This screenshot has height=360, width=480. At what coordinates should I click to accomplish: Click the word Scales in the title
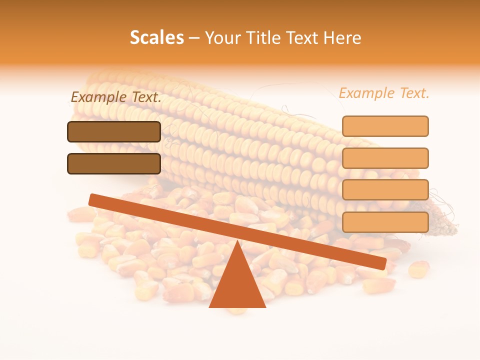156,37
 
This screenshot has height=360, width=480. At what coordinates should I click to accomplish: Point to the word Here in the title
342,38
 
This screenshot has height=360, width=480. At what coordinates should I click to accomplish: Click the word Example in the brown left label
99,97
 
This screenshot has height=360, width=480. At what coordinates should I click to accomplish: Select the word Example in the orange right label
367,93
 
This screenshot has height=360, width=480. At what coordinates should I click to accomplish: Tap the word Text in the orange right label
413,93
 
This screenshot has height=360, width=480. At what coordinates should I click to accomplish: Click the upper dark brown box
114,131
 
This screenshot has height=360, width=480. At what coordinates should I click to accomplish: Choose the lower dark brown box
114,163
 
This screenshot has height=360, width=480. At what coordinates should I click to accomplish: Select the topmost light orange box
385,126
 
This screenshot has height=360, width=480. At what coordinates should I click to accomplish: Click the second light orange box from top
385,158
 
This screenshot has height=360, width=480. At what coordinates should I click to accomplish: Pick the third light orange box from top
385,190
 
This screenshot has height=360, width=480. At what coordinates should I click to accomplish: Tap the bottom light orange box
385,222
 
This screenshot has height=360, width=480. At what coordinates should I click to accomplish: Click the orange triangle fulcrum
237,285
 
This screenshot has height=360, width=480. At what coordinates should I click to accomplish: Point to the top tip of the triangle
237,242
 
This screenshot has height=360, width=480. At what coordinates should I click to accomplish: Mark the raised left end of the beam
93,199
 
